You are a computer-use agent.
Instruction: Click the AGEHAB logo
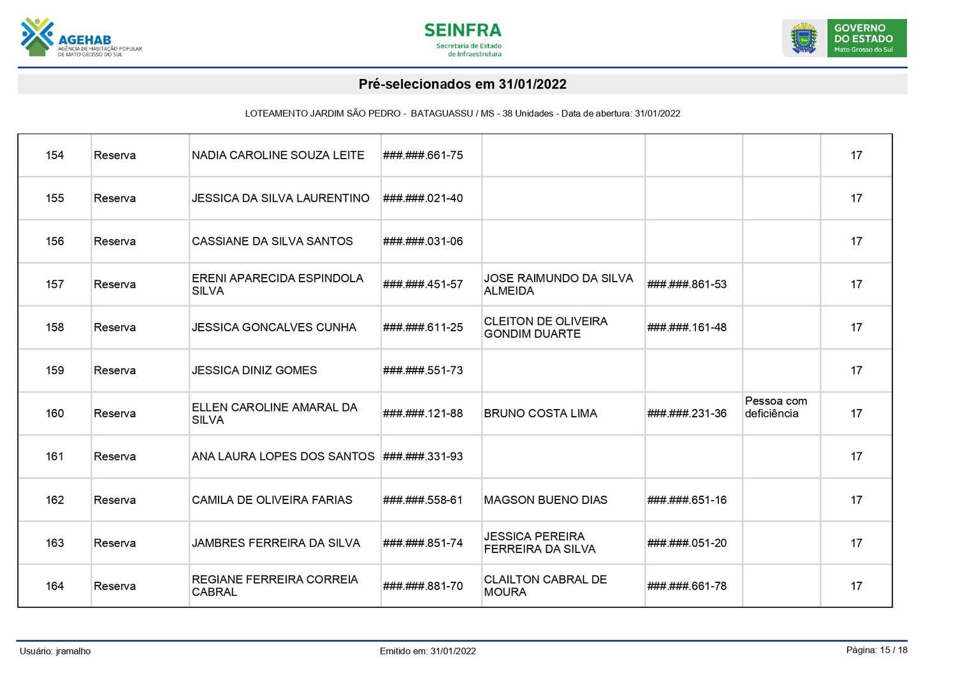(x=80, y=38)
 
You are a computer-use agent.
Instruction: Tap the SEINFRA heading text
(x=463, y=31)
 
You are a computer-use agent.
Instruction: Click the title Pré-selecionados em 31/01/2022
(x=463, y=84)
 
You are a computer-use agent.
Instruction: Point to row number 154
(x=55, y=155)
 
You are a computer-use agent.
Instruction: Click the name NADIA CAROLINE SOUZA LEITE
(x=278, y=155)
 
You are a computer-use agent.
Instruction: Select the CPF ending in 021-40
(x=423, y=198)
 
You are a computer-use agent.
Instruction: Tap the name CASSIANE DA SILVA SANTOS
(x=272, y=241)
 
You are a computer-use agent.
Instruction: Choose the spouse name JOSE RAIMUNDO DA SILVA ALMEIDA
(x=558, y=285)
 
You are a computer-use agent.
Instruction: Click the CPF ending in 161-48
(x=687, y=327)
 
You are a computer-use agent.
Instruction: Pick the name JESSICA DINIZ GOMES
(x=254, y=371)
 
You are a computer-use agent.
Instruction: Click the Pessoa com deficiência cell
(x=776, y=408)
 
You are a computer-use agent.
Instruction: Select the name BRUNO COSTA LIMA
(x=540, y=414)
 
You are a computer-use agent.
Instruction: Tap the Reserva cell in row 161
(x=115, y=457)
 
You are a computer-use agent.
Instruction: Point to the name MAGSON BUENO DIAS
(x=546, y=500)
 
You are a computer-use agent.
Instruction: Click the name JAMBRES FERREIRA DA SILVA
(x=276, y=543)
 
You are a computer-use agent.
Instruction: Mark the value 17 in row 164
(x=856, y=586)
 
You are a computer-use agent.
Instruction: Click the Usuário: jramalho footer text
(x=55, y=651)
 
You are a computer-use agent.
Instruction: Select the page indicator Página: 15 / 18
(x=876, y=650)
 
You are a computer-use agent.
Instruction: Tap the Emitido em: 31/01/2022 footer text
(x=428, y=651)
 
